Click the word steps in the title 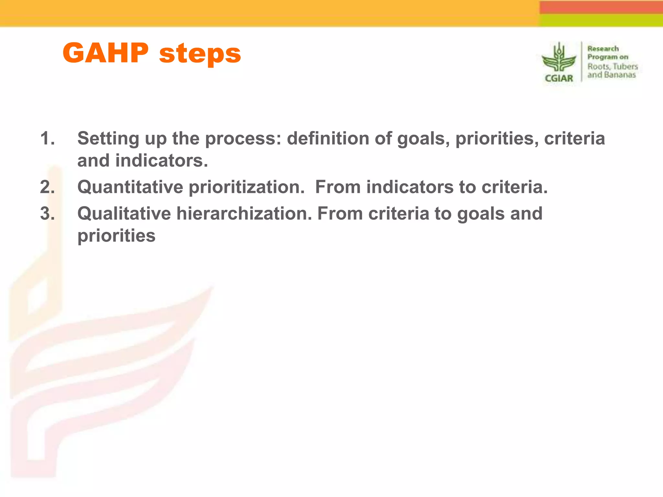coord(200,54)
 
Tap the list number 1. coord(47,138)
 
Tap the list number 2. coord(47,187)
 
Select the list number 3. coord(47,214)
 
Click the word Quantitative coord(130,187)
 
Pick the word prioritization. coord(247,187)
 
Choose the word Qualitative coord(124,214)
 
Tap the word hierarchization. coord(244,214)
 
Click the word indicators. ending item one coord(162,160)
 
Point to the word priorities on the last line coord(116,236)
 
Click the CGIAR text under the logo coord(559,78)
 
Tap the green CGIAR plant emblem coord(559,58)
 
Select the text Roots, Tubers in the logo coord(612,66)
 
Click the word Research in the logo coord(603,49)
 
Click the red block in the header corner coord(601,7)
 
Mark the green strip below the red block coord(601,20)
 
